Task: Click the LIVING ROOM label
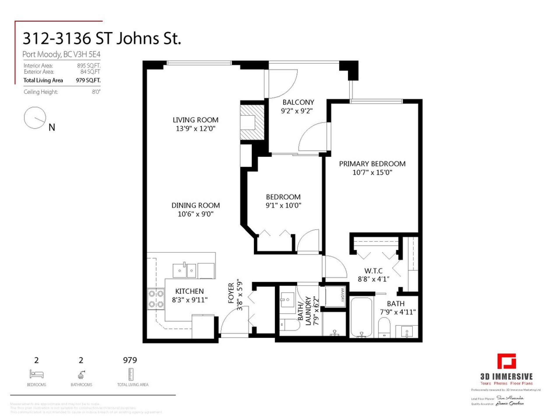195,120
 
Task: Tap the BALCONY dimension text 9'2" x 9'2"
297,111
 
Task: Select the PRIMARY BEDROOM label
372,164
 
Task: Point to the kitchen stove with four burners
156,299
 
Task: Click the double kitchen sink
184,270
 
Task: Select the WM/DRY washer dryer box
335,297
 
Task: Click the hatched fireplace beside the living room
252,122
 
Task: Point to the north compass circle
35,118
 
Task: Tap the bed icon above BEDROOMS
36,374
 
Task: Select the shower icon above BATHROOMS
81,374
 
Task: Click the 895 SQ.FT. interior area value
89,66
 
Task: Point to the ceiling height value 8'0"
96,92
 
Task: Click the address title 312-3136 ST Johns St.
102,38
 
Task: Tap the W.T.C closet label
373,271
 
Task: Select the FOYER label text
231,293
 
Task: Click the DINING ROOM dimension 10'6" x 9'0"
196,214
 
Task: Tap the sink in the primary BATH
406,331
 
